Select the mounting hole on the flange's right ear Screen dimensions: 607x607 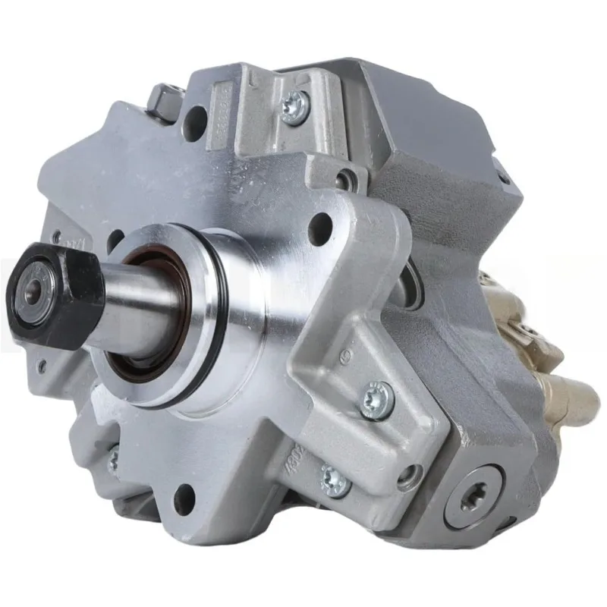click(319, 228)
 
